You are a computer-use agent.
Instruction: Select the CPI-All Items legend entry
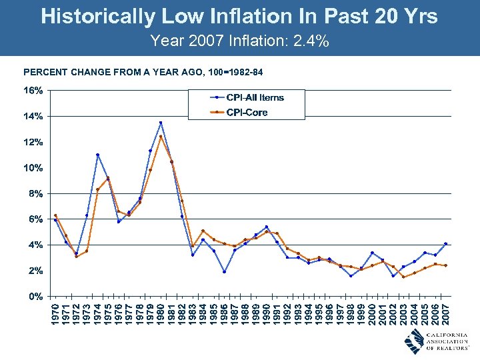(x=255, y=97)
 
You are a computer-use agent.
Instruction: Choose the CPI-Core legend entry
(x=247, y=112)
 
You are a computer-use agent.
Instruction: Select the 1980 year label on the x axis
(x=161, y=315)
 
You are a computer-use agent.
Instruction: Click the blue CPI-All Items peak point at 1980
(x=161, y=123)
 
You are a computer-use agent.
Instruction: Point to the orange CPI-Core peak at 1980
(x=161, y=137)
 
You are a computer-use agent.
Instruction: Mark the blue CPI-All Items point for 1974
(x=97, y=155)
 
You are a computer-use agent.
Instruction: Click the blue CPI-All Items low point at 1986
(x=224, y=271)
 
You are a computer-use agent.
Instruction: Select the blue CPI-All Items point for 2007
(x=445, y=243)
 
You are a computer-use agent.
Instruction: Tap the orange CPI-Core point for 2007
(x=445, y=265)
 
